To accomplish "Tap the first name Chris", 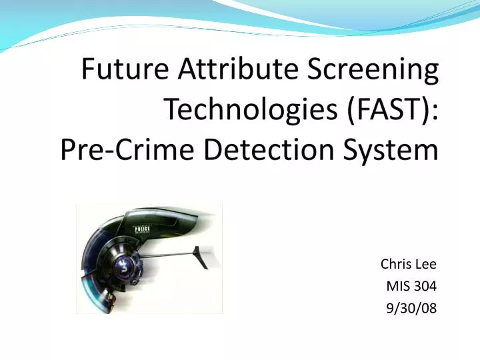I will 394,264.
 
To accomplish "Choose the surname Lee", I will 426,264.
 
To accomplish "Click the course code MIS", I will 397,286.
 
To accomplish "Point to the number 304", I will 425,286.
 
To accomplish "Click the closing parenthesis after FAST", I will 427,109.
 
